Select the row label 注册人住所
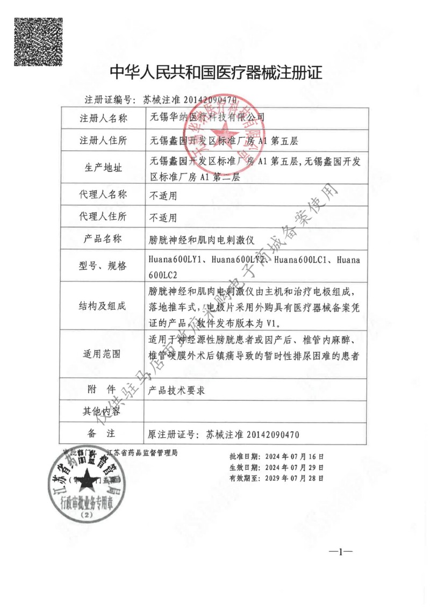click(103, 141)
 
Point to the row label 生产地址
click(103, 168)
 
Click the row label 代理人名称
click(103, 194)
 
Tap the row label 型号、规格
click(103, 265)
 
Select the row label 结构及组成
click(103, 307)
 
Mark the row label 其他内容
click(103, 411)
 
